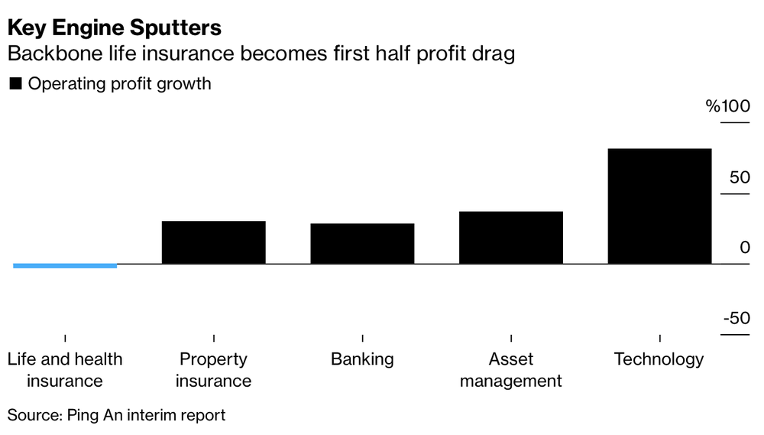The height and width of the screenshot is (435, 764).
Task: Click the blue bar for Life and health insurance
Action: (x=65, y=265)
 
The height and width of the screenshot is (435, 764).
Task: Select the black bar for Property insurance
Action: (x=214, y=242)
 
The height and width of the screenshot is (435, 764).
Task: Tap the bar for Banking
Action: (x=362, y=244)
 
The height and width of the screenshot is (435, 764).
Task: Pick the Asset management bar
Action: (x=511, y=238)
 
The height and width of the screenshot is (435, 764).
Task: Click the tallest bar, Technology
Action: (x=659, y=206)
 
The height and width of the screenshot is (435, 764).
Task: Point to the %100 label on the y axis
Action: (x=728, y=106)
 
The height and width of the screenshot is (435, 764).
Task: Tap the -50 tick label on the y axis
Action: (x=736, y=318)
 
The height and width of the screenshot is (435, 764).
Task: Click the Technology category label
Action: (x=659, y=359)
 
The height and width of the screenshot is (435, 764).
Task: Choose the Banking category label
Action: (x=362, y=359)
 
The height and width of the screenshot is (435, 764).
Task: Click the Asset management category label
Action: (x=510, y=369)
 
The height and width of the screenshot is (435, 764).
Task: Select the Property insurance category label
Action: (x=214, y=369)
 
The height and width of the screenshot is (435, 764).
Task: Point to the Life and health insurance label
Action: (x=65, y=369)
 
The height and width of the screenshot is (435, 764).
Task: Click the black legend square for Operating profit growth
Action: (x=15, y=84)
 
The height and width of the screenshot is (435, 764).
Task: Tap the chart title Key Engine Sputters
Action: (x=115, y=28)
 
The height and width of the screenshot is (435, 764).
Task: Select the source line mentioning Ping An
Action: (x=117, y=415)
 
